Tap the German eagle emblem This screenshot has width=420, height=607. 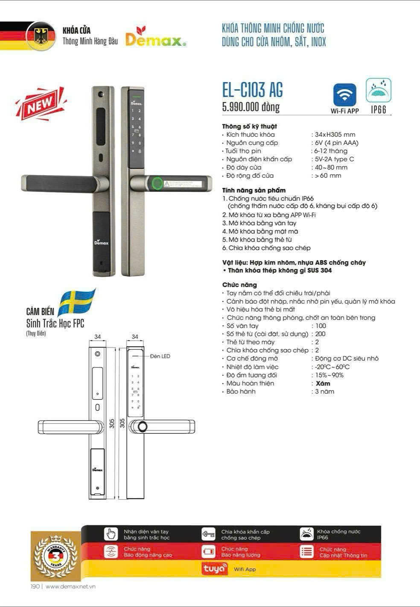pos(41,36)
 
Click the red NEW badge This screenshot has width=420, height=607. pos(41,103)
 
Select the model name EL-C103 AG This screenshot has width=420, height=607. pos(252,90)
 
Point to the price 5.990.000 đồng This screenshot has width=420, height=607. pos(251,106)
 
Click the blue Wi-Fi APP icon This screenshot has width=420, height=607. pos(344,95)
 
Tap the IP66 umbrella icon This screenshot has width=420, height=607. pos(378,90)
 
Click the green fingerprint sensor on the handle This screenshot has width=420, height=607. pos(157,183)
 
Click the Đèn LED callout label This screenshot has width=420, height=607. pos(160,356)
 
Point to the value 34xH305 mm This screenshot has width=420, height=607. pos(335,135)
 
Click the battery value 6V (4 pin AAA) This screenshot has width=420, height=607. pos(336,143)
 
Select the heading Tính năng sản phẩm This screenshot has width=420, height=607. pos(254,190)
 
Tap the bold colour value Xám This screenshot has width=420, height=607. pos(323,383)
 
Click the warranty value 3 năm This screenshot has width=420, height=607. pos(324,392)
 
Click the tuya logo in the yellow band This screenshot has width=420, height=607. pos(214,569)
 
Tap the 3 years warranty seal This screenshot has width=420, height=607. pos(56,557)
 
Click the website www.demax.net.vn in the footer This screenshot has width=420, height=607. pos(70,586)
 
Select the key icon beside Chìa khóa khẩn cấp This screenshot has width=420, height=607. pos(208,534)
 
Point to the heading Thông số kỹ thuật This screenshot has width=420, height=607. pos(249,127)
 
